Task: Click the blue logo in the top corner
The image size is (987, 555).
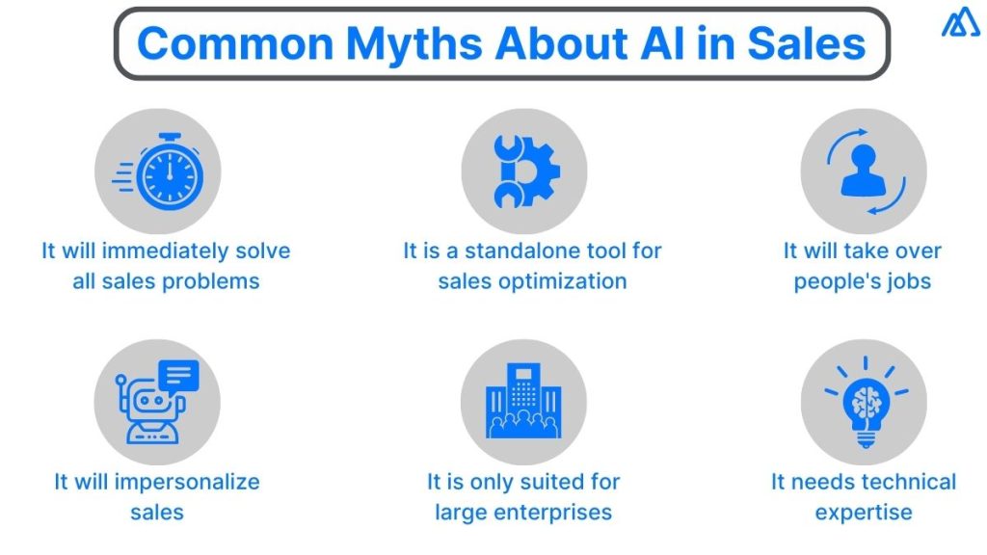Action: (960, 23)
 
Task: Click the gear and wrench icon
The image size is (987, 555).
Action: (523, 172)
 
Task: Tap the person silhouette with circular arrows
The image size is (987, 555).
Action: (863, 172)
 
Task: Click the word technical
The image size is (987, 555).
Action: (895, 482)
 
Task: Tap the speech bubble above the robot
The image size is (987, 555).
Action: (179, 374)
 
